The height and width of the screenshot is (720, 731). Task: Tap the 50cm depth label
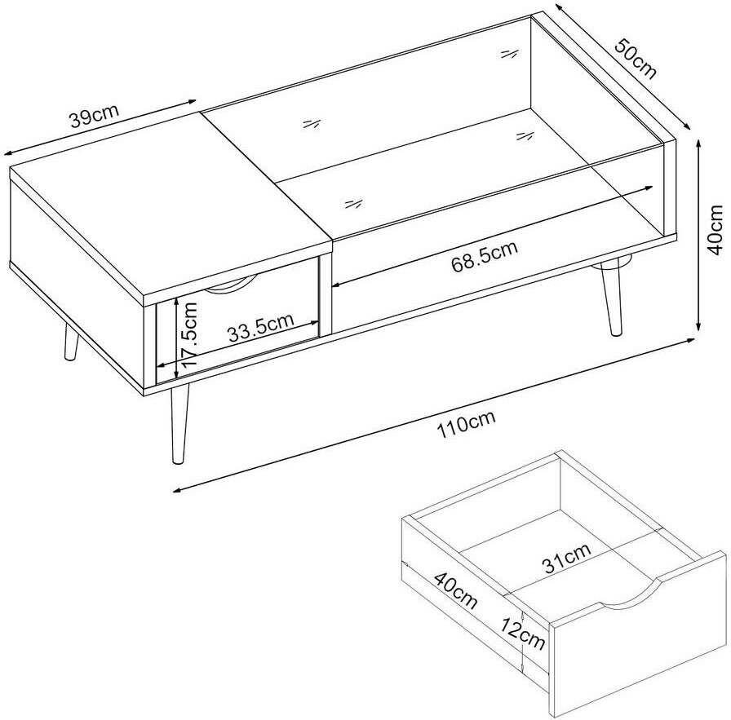pyautogui.click(x=636, y=59)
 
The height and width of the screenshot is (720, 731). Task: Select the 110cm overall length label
pyautogui.click(x=465, y=425)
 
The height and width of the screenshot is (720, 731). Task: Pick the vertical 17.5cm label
pyautogui.click(x=190, y=334)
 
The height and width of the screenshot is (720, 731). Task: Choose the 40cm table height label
pyautogui.click(x=715, y=230)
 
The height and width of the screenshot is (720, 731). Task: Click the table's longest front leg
pyautogui.click(x=179, y=422)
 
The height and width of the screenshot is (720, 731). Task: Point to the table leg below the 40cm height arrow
pyautogui.click(x=612, y=299)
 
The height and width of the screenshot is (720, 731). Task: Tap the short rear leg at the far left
pyautogui.click(x=71, y=341)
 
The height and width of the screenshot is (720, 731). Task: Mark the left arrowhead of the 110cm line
pyautogui.click(x=177, y=489)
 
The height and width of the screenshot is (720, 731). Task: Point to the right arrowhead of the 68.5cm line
pyautogui.click(x=648, y=188)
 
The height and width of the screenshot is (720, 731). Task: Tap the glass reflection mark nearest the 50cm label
pyautogui.click(x=510, y=54)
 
